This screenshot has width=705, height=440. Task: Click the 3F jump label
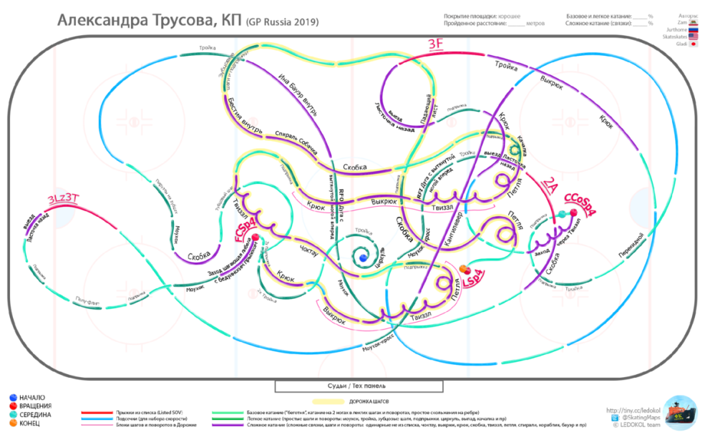pos(437,44)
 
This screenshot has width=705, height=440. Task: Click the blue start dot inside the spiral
pos(364,257)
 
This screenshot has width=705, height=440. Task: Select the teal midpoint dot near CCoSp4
pos(563,214)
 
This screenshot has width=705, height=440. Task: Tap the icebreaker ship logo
pos(679,413)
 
